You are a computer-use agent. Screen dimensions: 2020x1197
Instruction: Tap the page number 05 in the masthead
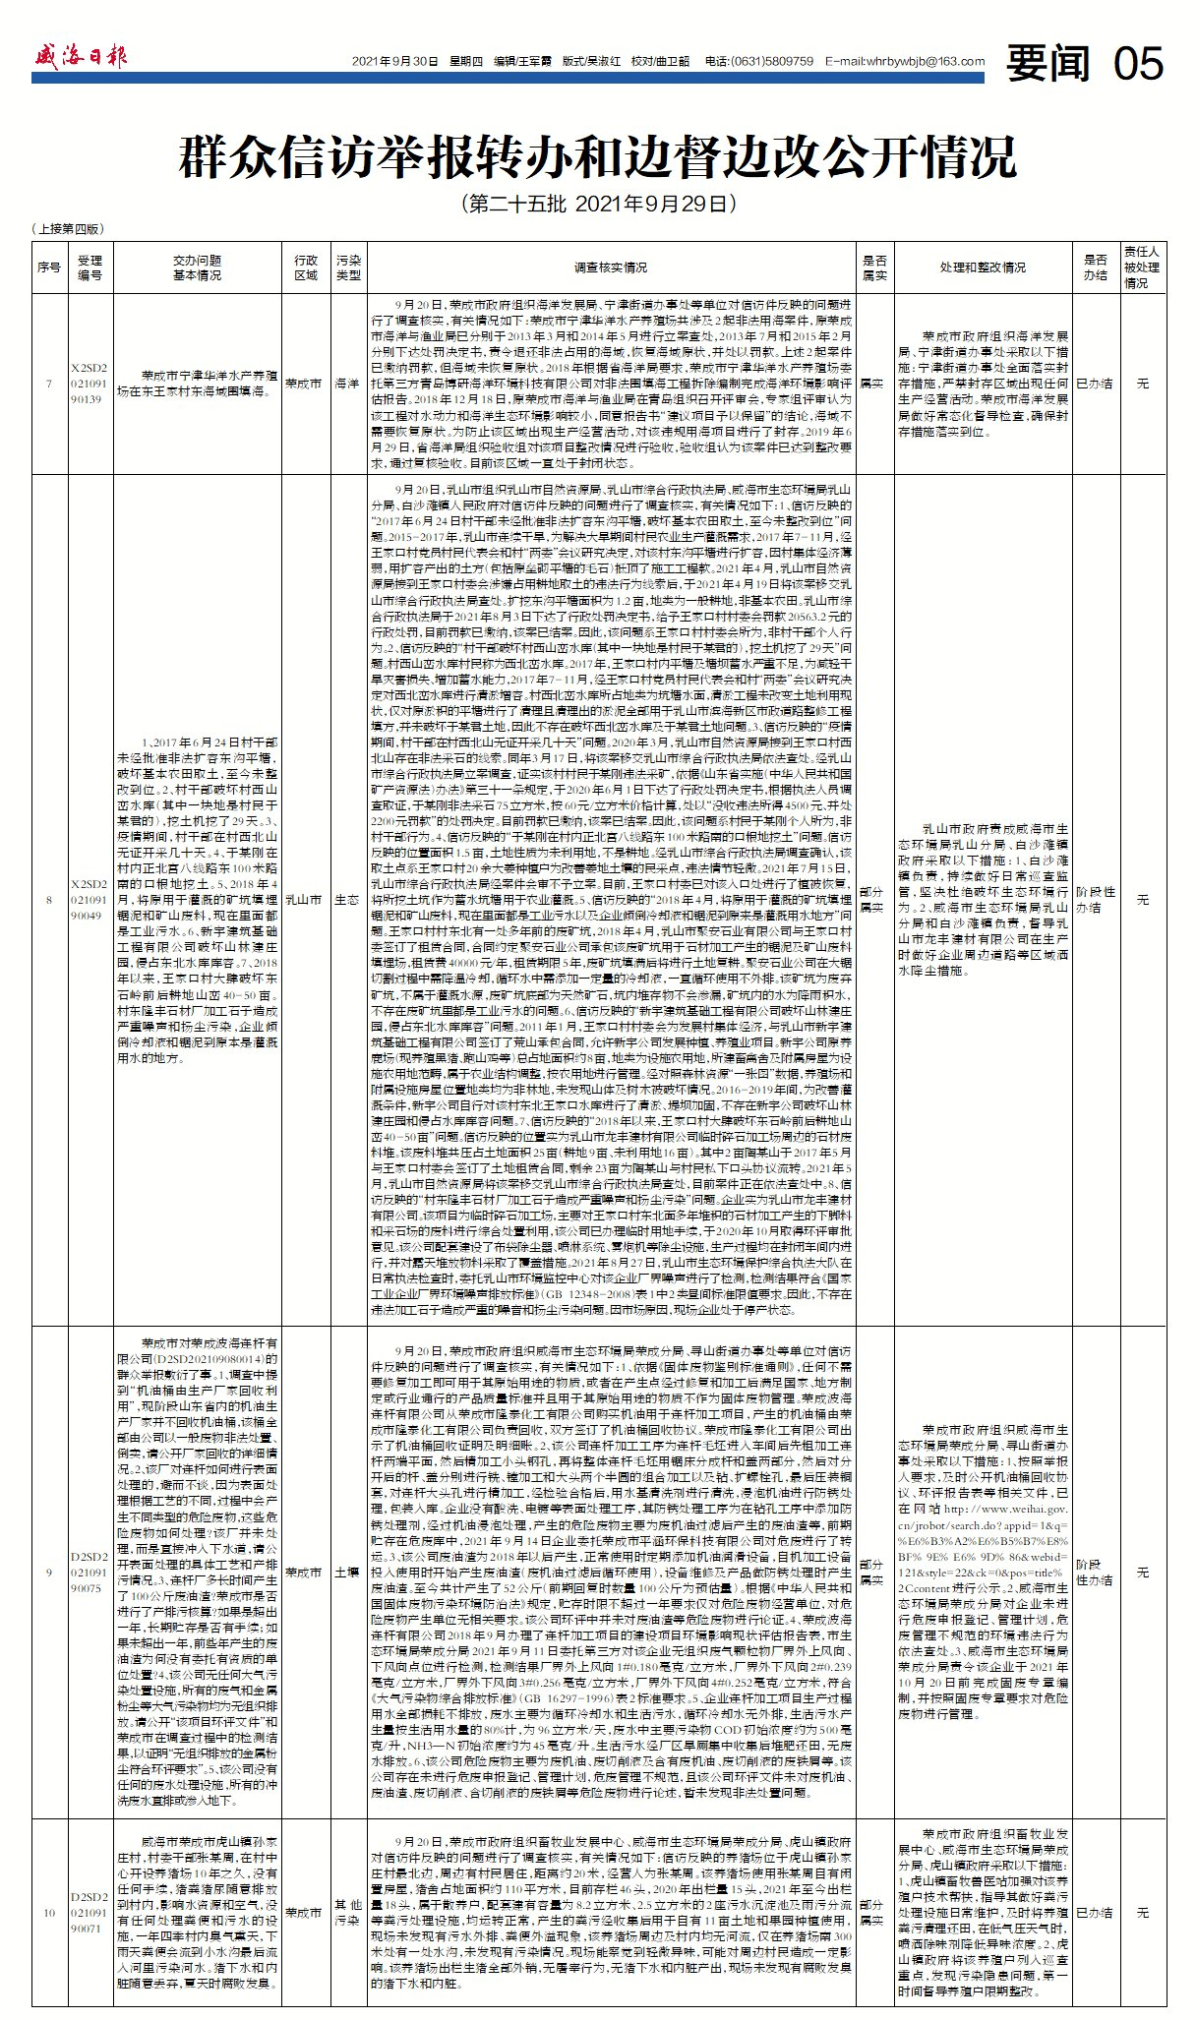(1138, 64)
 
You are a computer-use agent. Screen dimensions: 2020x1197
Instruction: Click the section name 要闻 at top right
(1048, 64)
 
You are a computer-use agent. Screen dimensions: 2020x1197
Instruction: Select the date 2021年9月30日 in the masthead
(393, 61)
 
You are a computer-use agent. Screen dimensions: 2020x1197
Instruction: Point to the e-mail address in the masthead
(905, 61)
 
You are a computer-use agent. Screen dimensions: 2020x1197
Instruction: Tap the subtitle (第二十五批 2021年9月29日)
(597, 205)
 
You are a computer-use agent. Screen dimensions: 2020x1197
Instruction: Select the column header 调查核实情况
(611, 267)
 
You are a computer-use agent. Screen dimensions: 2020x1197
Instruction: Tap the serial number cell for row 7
(48, 384)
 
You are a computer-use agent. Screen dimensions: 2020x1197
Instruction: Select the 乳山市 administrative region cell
(304, 900)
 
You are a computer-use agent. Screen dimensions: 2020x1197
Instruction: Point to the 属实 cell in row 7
(873, 384)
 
